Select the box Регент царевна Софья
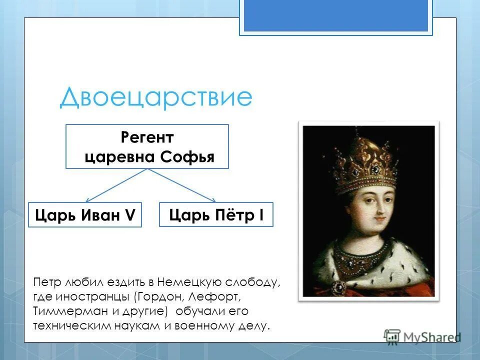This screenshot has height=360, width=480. [147, 146]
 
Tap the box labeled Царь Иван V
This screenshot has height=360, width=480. [85, 215]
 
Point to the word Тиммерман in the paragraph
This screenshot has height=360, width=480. [64, 311]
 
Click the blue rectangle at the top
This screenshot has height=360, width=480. [335, 15]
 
